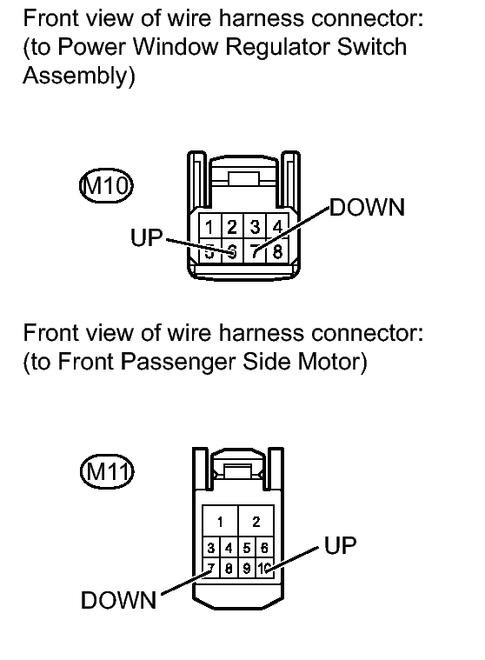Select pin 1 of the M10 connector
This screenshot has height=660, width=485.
209,227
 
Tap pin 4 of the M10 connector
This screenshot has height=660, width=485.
277,227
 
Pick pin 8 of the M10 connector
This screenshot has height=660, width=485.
277,251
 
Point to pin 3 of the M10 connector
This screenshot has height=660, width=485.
255,227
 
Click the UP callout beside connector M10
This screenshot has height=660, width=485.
146,237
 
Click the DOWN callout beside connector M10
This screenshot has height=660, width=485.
367,208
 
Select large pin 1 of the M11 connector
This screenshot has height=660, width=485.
220,522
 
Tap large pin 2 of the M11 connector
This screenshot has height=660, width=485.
256,522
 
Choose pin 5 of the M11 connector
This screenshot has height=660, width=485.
247,548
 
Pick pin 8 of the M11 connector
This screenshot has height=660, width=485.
229,568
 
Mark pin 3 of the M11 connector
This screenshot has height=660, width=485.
211,548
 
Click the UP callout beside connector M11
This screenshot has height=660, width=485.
341,545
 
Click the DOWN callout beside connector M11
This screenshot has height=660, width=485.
118,600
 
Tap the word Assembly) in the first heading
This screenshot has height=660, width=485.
79,77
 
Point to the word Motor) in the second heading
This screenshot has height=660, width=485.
332,362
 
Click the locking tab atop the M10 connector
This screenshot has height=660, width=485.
244,178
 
